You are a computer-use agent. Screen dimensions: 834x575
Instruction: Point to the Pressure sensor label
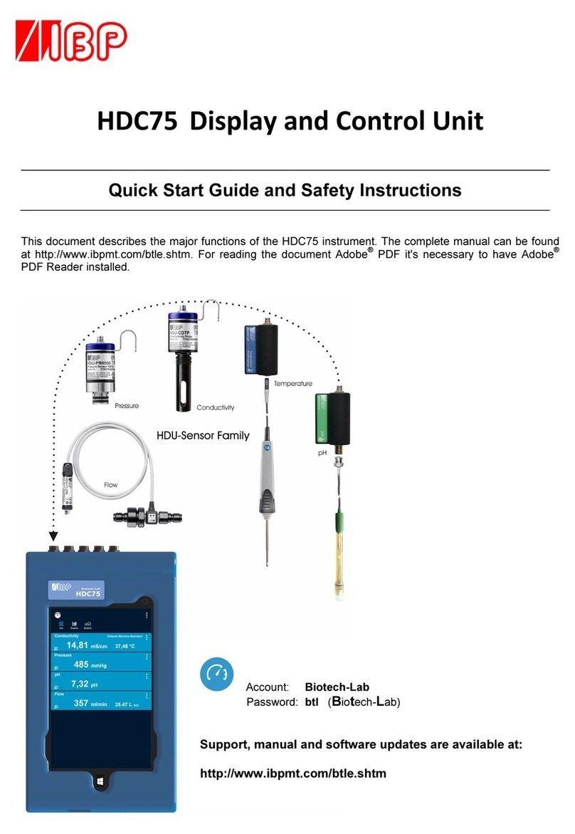click(127, 406)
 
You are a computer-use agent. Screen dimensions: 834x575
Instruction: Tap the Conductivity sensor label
click(215, 408)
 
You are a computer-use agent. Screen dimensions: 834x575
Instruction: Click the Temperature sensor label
click(293, 383)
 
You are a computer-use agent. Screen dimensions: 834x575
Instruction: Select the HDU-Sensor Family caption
click(203, 435)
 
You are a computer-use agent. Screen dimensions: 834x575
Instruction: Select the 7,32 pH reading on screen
click(79, 684)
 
